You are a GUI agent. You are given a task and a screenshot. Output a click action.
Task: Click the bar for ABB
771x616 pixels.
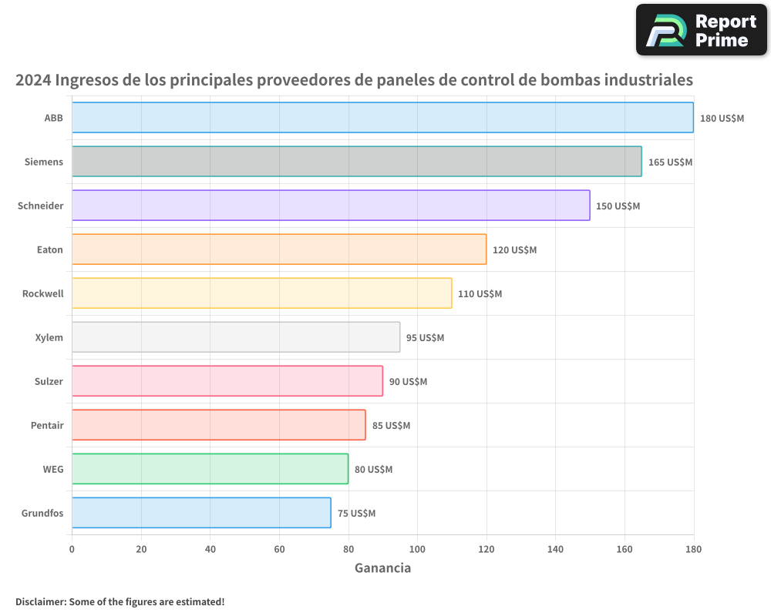tap(382, 118)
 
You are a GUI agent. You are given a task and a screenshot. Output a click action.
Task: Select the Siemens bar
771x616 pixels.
tap(356, 162)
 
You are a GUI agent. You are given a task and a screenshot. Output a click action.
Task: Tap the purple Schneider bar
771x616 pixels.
tap(331, 206)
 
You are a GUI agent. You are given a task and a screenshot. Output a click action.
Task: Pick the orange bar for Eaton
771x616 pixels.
tap(279, 249)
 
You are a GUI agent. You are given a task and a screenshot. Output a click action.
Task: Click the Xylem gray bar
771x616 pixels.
tap(236, 337)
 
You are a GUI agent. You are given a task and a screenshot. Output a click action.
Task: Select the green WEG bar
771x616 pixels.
tap(210, 469)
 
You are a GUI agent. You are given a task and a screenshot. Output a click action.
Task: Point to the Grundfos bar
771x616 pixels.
tap(201, 513)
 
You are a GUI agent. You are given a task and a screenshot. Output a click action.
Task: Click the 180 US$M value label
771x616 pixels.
tap(722, 119)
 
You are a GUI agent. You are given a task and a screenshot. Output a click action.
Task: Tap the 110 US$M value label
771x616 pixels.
tap(480, 294)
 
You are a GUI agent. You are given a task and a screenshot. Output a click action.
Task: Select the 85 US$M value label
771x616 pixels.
tap(391, 426)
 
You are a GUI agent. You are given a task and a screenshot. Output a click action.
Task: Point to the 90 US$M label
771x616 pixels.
tap(408, 382)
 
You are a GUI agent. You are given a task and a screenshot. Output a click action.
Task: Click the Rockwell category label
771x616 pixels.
tap(43, 293)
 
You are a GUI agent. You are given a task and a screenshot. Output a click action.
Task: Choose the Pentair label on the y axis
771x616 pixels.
tap(47, 425)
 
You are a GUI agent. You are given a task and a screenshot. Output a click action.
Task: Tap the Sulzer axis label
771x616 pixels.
tap(49, 381)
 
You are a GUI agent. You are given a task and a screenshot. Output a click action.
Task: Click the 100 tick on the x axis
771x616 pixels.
tap(417, 549)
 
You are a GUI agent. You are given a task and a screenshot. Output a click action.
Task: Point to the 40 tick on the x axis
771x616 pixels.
tap(210, 549)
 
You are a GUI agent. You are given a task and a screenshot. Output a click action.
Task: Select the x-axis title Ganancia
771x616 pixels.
tap(382, 568)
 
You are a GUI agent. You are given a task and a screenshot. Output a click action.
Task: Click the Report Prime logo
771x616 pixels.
tap(702, 30)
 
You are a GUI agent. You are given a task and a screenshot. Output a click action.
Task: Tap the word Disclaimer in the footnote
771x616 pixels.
tap(39, 601)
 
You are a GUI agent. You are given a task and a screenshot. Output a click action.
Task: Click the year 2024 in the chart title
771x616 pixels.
tap(33, 80)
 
